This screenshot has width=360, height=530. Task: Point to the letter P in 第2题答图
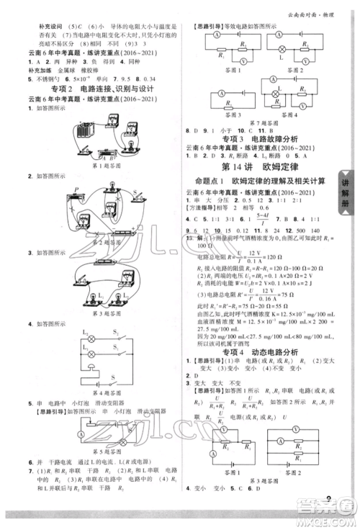[67, 187]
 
